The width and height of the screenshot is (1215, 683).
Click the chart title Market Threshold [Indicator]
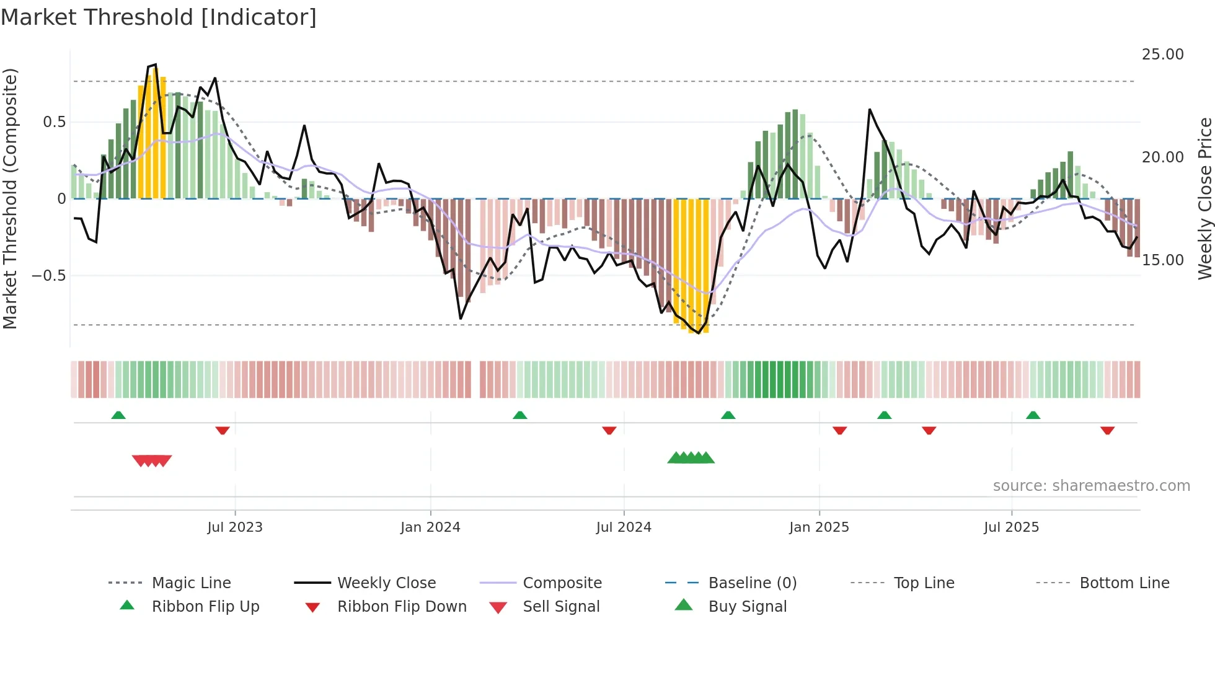(159, 17)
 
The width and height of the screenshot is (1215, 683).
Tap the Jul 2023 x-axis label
(235, 527)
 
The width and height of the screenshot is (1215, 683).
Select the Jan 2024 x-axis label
(430, 527)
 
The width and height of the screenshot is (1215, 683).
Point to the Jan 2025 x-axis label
(819, 527)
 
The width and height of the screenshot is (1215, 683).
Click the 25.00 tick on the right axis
(1162, 55)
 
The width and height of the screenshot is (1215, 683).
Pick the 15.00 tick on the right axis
(1162, 260)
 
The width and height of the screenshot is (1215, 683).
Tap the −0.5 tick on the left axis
(48, 275)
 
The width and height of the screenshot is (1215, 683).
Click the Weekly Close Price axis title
(1204, 198)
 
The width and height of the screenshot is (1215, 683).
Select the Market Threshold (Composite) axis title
(10, 198)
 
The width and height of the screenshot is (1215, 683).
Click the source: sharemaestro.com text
(1091, 486)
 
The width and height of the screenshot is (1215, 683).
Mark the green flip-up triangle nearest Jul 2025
(1033, 415)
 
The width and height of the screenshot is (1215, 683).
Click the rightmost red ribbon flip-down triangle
(1107, 430)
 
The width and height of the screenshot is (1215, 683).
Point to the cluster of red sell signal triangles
(152, 460)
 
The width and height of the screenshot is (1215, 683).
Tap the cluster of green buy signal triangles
(691, 458)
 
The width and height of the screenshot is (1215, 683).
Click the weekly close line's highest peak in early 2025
(870, 110)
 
